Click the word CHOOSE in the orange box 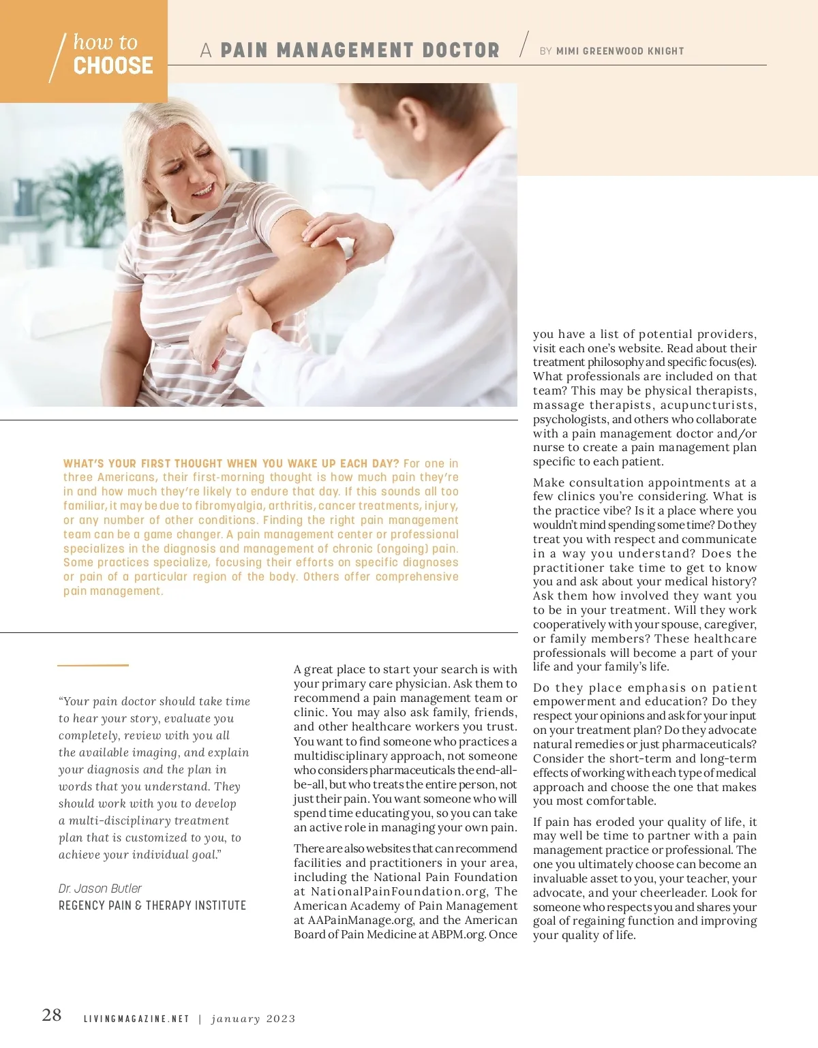113,65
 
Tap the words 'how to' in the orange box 105,42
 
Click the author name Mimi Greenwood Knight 620,51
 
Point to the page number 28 52,1015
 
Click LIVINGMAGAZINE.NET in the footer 136,1019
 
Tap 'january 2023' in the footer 254,1019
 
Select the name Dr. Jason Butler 100,889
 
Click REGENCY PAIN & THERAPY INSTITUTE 152,906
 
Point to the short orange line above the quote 93,665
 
